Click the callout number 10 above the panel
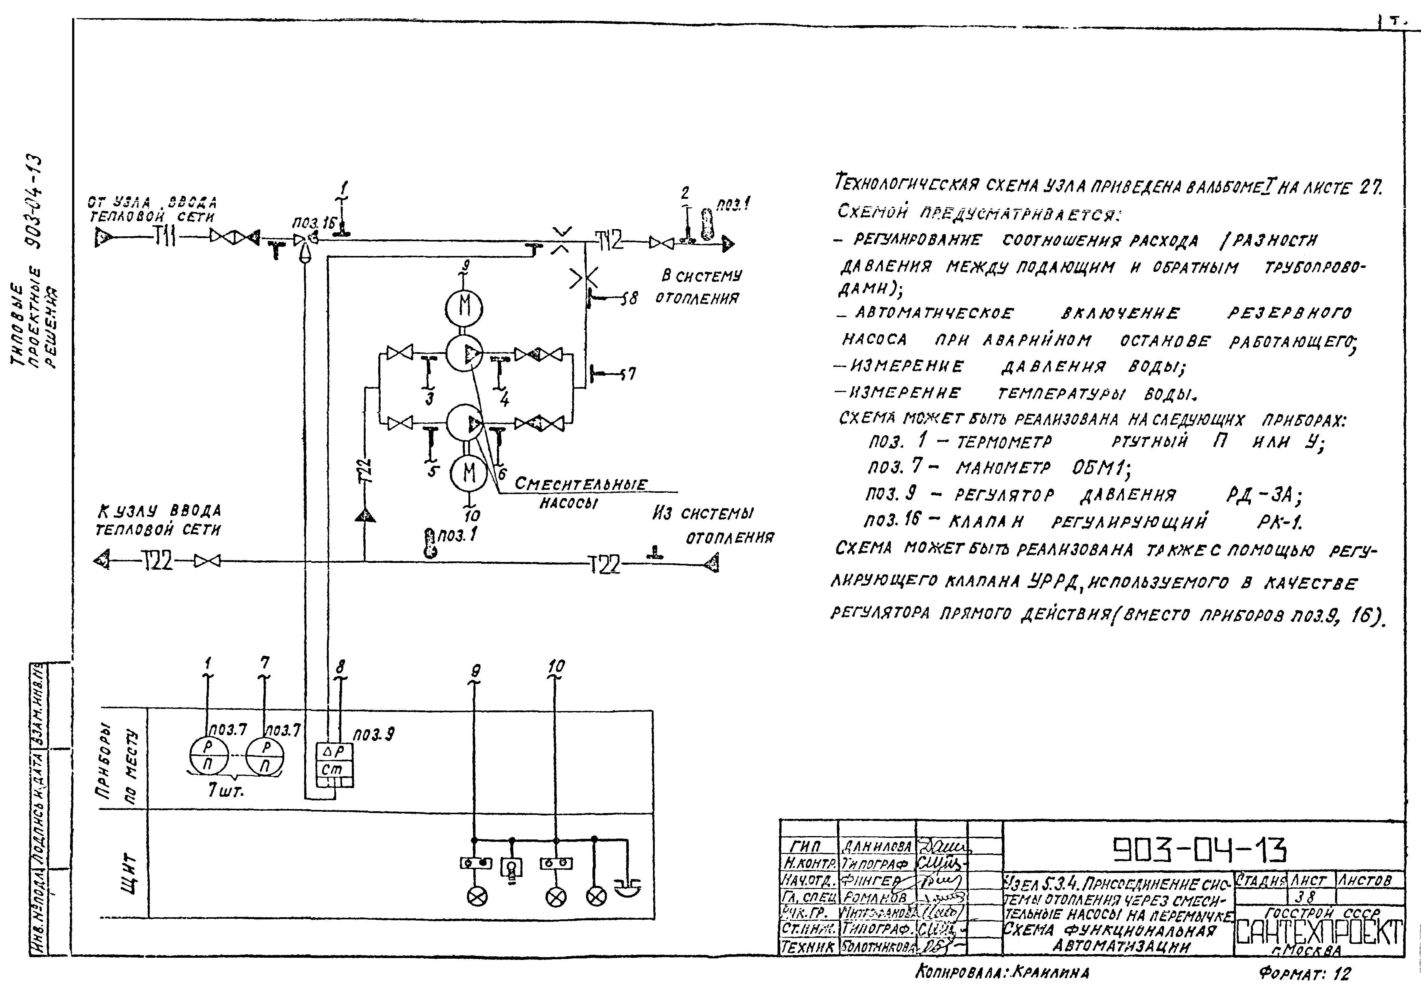coord(556,666)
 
